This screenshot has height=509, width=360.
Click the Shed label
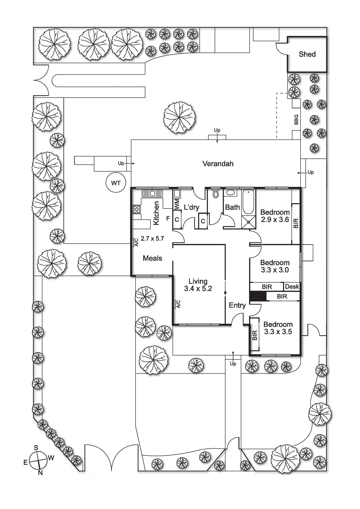(307, 54)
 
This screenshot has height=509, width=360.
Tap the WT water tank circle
(116, 183)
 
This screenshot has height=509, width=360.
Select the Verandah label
(218, 164)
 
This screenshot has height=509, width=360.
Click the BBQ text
(296, 120)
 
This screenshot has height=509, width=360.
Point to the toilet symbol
(215, 194)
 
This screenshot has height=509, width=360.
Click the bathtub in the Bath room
(248, 201)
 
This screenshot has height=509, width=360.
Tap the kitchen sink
(152, 193)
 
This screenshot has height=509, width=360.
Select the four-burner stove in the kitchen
(137, 209)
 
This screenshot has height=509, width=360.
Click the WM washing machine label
(177, 204)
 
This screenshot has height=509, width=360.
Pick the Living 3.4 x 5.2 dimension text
(198, 288)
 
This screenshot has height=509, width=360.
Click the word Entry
(237, 305)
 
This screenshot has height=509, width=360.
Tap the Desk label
(292, 287)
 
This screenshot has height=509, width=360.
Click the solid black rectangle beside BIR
(258, 296)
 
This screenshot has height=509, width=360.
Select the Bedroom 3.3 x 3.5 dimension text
(278, 332)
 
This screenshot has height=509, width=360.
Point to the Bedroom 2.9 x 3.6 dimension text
(275, 220)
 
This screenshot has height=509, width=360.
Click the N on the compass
(40, 473)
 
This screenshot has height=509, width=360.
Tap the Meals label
(152, 258)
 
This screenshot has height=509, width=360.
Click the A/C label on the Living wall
(178, 304)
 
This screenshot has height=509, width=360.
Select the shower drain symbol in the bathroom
(249, 222)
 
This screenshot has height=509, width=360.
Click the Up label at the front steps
(233, 364)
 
